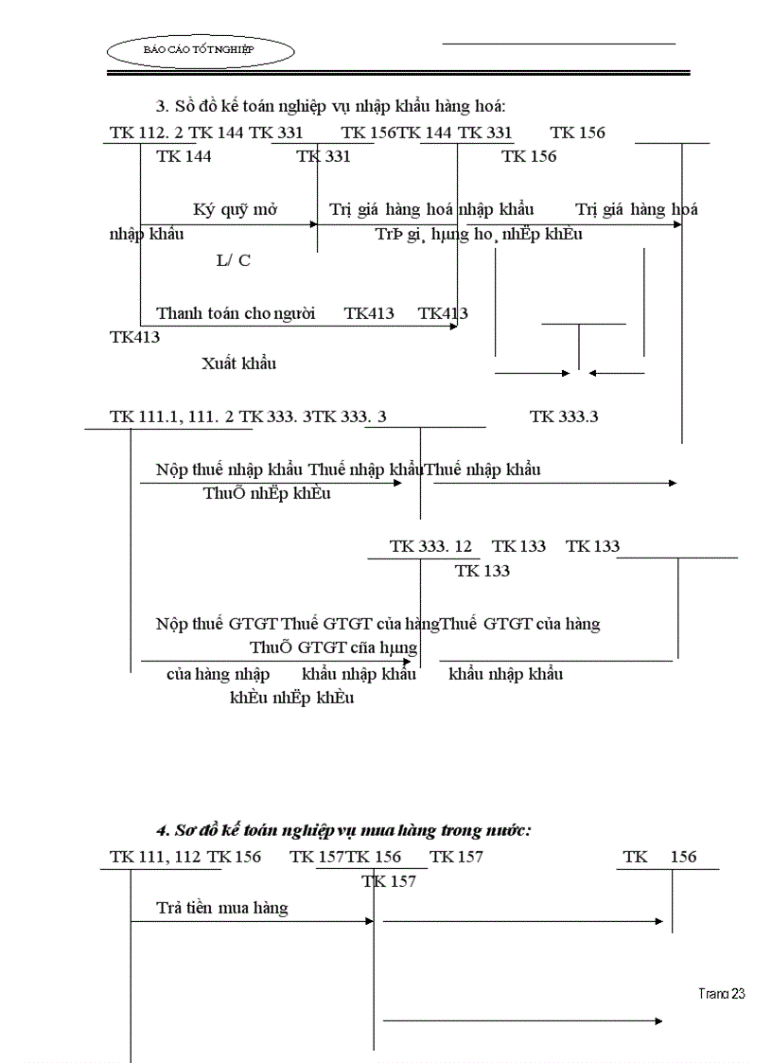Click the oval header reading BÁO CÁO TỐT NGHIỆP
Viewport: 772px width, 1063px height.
(200, 48)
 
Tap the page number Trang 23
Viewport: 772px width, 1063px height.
(722, 993)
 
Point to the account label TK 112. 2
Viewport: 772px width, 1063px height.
(146, 133)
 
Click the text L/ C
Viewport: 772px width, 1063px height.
(234, 260)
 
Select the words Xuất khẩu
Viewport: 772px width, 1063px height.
(238, 363)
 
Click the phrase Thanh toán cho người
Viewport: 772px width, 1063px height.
(236, 313)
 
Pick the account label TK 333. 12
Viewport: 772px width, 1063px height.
(430, 546)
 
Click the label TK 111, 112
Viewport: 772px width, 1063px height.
(154, 857)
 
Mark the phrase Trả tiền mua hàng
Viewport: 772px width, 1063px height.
(222, 908)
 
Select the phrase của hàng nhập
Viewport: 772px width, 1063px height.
(218, 674)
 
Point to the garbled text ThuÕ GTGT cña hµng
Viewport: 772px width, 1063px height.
(333, 648)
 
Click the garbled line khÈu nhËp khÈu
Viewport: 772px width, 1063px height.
(291, 699)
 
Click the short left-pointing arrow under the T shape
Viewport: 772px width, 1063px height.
(616, 373)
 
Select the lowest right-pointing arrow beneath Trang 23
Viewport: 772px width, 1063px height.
(522, 1020)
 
